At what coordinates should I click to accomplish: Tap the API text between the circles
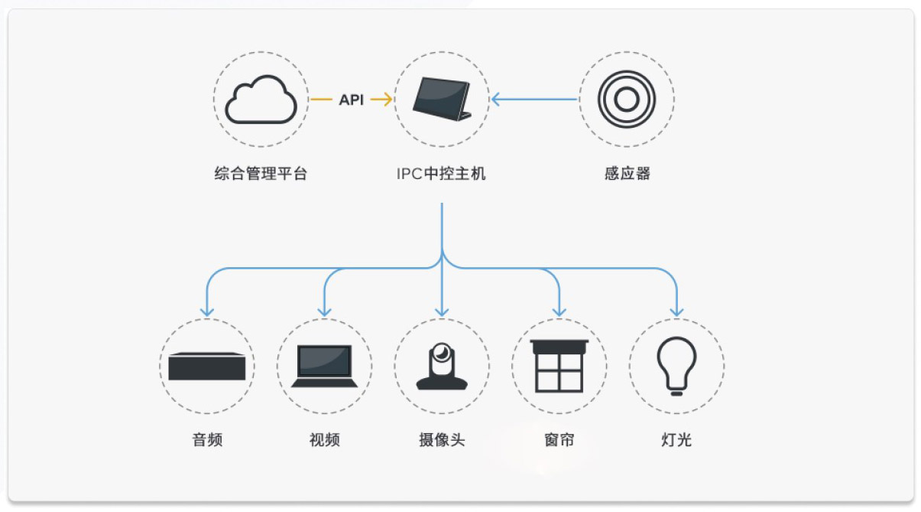352,99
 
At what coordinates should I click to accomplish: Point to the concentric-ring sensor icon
626,99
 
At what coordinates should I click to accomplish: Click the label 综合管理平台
261,174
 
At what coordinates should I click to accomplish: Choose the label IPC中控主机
442,174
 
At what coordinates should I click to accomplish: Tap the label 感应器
627,174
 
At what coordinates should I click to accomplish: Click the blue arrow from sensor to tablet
534,99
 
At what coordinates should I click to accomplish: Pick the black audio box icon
207,366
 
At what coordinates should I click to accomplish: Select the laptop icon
324,366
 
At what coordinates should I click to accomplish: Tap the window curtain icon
559,366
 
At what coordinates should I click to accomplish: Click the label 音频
207,440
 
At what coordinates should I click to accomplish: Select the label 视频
324,440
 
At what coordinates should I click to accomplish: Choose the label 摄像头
442,440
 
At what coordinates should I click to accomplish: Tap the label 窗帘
559,440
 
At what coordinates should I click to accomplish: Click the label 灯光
676,440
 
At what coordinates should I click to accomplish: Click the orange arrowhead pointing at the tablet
388,99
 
